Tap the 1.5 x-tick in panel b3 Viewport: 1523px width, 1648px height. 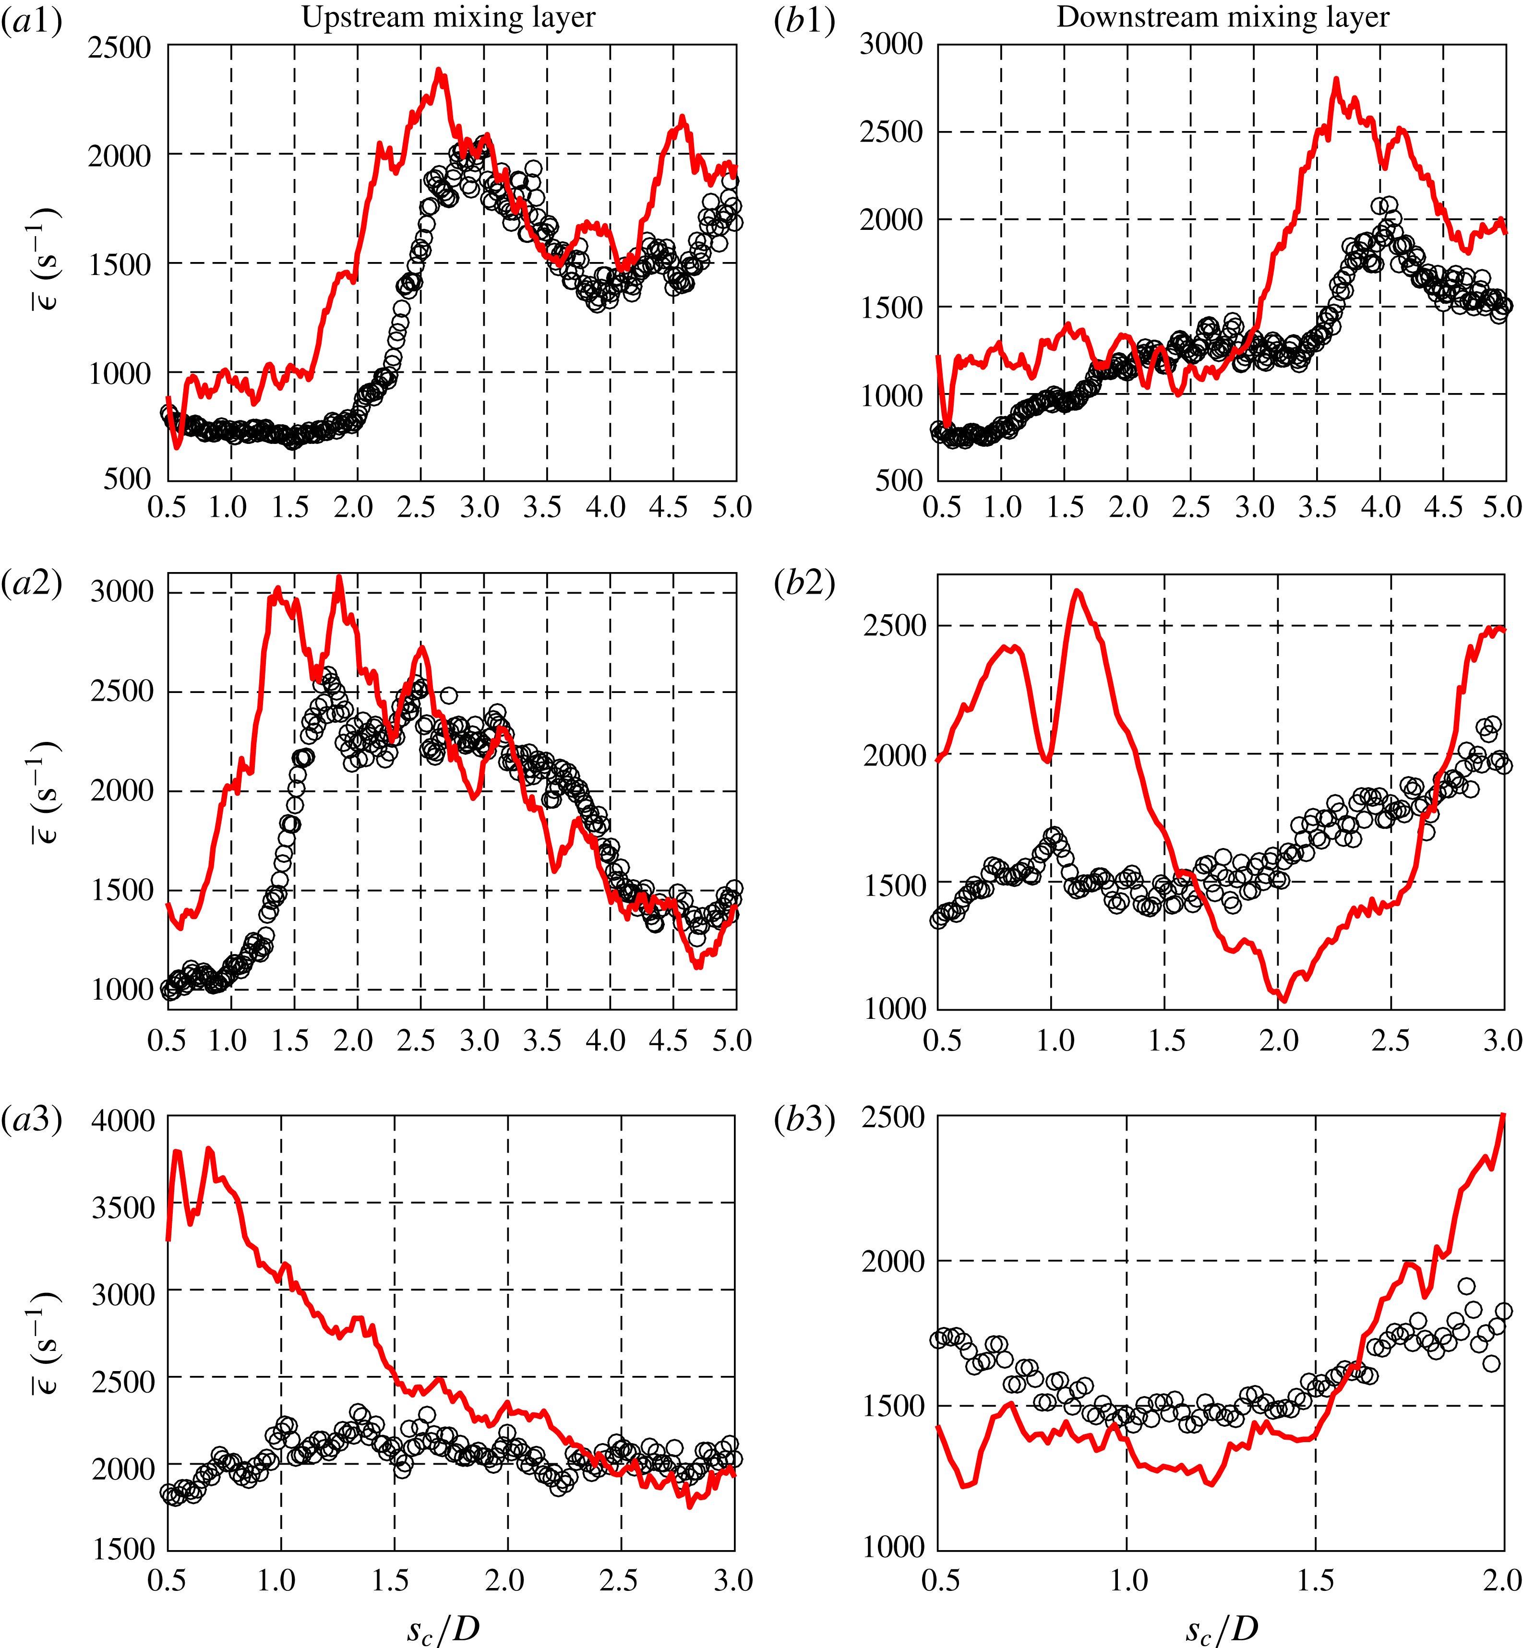pyautogui.click(x=1315, y=1579)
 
